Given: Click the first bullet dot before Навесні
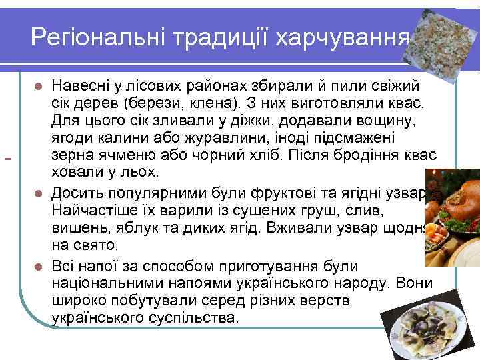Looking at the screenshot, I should [x=39, y=87].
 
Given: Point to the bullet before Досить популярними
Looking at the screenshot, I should [x=39, y=194].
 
